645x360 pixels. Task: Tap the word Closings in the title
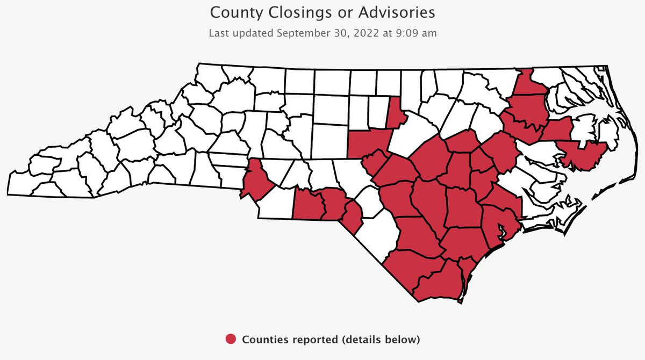[288, 12]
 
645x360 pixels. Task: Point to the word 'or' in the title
[331, 12]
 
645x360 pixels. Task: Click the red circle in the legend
[231, 339]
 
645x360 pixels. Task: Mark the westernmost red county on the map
[255, 181]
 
